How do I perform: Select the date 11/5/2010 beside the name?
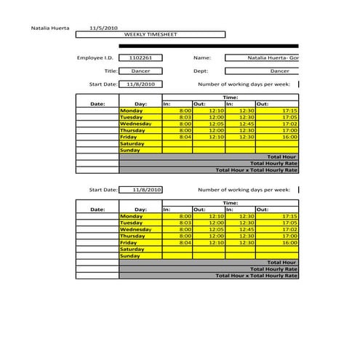103,28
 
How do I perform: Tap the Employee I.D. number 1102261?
140,57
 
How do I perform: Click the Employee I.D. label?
95,57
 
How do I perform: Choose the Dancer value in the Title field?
140,71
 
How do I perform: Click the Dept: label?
201,71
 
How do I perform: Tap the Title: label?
111,71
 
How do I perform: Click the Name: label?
201,57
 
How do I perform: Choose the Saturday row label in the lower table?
132,249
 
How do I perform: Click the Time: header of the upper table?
230,97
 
